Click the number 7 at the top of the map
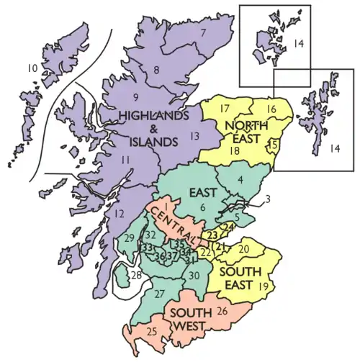tap(204, 33)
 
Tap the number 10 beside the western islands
tap(32, 68)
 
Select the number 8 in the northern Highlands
tap(156, 70)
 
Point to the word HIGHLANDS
tap(153, 115)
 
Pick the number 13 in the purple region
tap(194, 136)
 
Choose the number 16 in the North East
tap(271, 109)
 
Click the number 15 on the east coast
tap(272, 145)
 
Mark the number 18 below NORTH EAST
tap(234, 150)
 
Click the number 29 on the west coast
tap(130, 237)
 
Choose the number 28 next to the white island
tap(136, 276)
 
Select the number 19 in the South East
tap(263, 286)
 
